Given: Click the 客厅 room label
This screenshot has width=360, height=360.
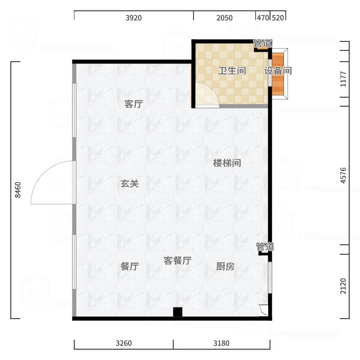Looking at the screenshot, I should click(134, 104).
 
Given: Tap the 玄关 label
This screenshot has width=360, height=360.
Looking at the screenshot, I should click(130, 184).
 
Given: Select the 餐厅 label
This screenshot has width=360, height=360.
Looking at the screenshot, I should click(130, 266).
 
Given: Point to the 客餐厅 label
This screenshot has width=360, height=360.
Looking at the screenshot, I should click(177, 261).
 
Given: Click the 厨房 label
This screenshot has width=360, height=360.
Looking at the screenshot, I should click(225, 266).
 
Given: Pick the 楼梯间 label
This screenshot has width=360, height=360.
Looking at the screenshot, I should click(227, 163).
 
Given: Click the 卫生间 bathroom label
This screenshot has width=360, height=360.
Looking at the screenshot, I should click(232, 71).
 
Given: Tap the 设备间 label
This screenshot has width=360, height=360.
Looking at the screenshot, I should click(278, 71).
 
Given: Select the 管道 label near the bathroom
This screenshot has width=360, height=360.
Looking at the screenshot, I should click(262, 44).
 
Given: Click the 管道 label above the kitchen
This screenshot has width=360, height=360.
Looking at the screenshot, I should click(265, 247).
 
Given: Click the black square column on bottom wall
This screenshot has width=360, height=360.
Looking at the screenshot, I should click(178, 311).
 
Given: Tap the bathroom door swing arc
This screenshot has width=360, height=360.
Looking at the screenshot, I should click(206, 94).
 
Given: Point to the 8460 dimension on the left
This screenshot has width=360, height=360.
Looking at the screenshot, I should click(18, 189).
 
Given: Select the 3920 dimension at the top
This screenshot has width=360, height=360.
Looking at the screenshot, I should click(134, 18).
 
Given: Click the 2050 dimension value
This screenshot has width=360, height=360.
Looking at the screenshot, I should click(225, 18).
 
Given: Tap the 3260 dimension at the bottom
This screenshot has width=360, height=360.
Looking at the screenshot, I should click(124, 343).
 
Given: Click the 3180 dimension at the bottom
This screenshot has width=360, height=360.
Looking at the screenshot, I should click(221, 343).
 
